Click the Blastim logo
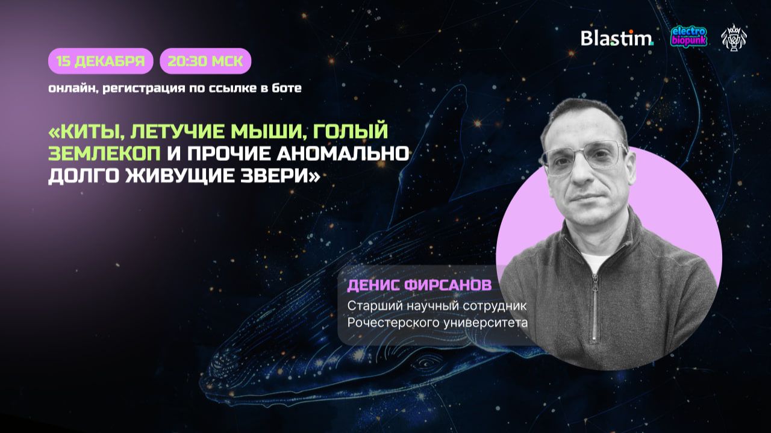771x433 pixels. tap(616, 38)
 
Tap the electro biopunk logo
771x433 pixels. tap(688, 37)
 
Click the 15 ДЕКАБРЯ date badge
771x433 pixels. tap(101, 61)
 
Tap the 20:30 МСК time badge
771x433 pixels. tap(205, 61)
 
